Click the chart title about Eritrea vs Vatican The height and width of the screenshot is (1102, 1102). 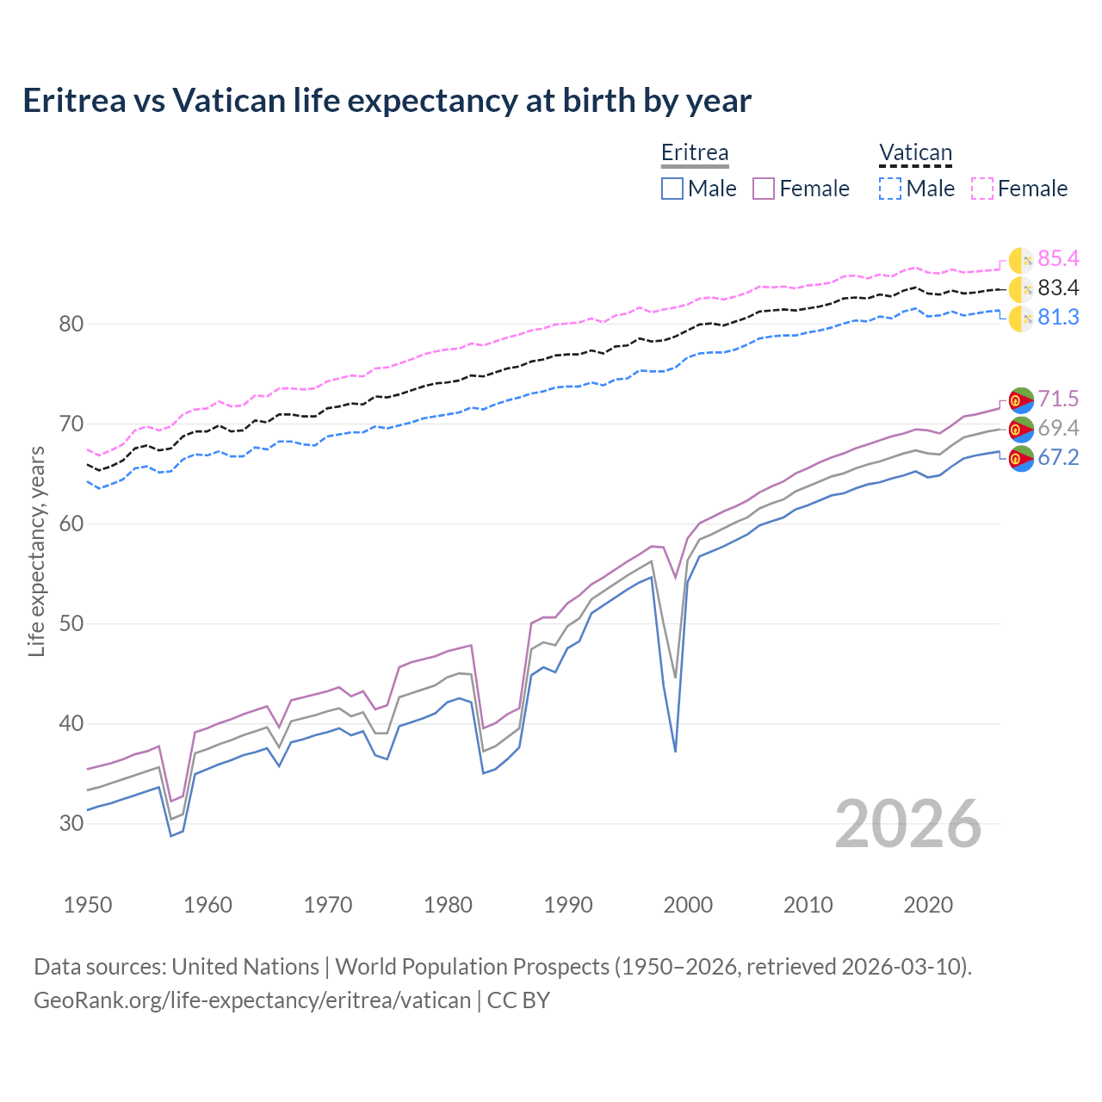[387, 101]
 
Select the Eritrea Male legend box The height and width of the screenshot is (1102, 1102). [672, 189]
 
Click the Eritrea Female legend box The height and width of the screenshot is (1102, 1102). [765, 189]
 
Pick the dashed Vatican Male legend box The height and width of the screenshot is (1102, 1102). [890, 189]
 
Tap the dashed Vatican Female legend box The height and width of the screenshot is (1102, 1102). [982, 189]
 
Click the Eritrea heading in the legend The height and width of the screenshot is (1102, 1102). [695, 152]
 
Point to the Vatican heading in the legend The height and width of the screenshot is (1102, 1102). [915, 152]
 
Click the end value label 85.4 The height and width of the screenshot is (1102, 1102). [1058, 258]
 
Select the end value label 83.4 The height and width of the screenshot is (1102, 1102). [1058, 288]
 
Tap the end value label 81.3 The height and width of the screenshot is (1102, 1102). [1058, 317]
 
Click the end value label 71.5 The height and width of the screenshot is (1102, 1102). [1058, 399]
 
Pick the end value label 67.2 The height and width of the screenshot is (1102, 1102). [1058, 457]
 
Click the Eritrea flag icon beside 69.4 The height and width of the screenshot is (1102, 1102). [1021, 428]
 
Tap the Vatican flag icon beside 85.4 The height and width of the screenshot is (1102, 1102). [1021, 259]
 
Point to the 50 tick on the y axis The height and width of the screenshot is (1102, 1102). [71, 623]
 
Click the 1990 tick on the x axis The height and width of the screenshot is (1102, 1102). [568, 905]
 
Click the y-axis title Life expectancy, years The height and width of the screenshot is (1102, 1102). [37, 551]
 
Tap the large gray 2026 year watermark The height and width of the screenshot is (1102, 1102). [907, 824]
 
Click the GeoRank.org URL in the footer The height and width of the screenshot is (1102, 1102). [252, 1000]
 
